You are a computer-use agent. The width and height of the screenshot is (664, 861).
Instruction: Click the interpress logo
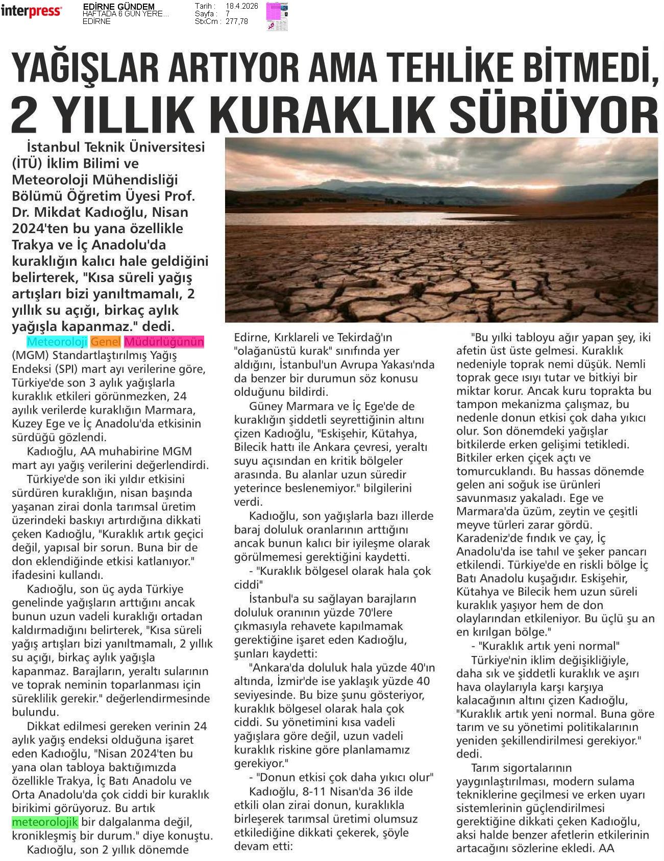31,11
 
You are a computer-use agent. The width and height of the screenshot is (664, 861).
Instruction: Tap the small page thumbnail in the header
277,16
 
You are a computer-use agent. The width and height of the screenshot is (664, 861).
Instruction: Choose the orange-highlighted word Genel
106,342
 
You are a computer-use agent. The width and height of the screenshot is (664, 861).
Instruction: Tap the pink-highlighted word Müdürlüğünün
164,342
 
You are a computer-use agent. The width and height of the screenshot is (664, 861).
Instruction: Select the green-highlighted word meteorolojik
45,822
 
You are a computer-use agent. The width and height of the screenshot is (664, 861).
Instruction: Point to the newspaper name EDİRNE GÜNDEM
118,7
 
